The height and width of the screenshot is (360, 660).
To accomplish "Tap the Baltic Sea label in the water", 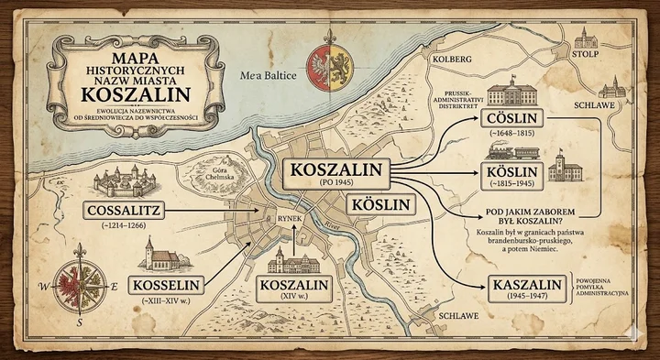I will click(266, 76).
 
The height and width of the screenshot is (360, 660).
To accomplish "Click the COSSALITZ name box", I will click(127, 212).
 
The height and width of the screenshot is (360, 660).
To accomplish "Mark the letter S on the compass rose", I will click(80, 322).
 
